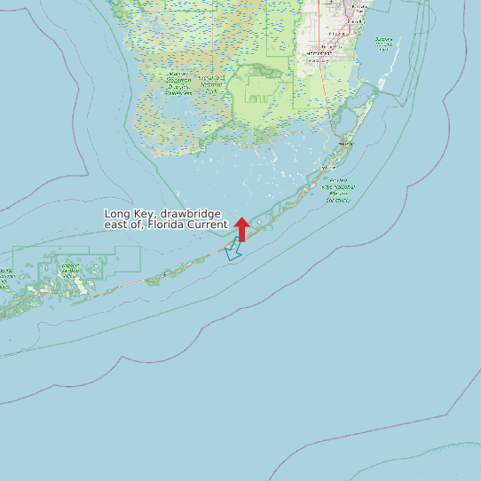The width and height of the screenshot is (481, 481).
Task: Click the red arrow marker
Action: [x=241, y=228]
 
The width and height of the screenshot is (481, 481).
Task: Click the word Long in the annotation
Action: [x=117, y=214]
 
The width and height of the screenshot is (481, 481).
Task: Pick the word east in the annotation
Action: [x=118, y=225]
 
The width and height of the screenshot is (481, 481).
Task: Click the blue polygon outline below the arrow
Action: [x=233, y=251]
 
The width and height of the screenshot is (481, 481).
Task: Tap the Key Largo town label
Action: [x=346, y=143]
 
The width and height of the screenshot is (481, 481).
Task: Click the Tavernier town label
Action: [x=327, y=166]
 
